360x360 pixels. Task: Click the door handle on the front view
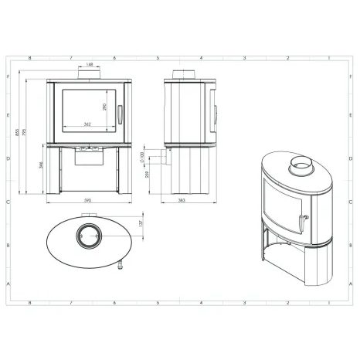pyautogui.click(x=119, y=113)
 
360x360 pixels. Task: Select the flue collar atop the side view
pyautogui.click(x=185, y=75)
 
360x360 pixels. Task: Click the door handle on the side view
pyautogui.click(x=213, y=112)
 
